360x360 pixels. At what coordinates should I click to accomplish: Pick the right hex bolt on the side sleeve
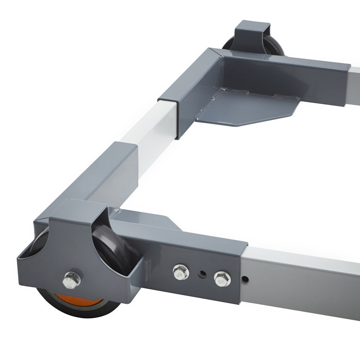(x=222, y=278)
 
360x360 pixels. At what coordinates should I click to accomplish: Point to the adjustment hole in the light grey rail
(x=245, y=279)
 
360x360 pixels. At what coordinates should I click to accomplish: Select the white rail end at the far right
(x=355, y=86)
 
